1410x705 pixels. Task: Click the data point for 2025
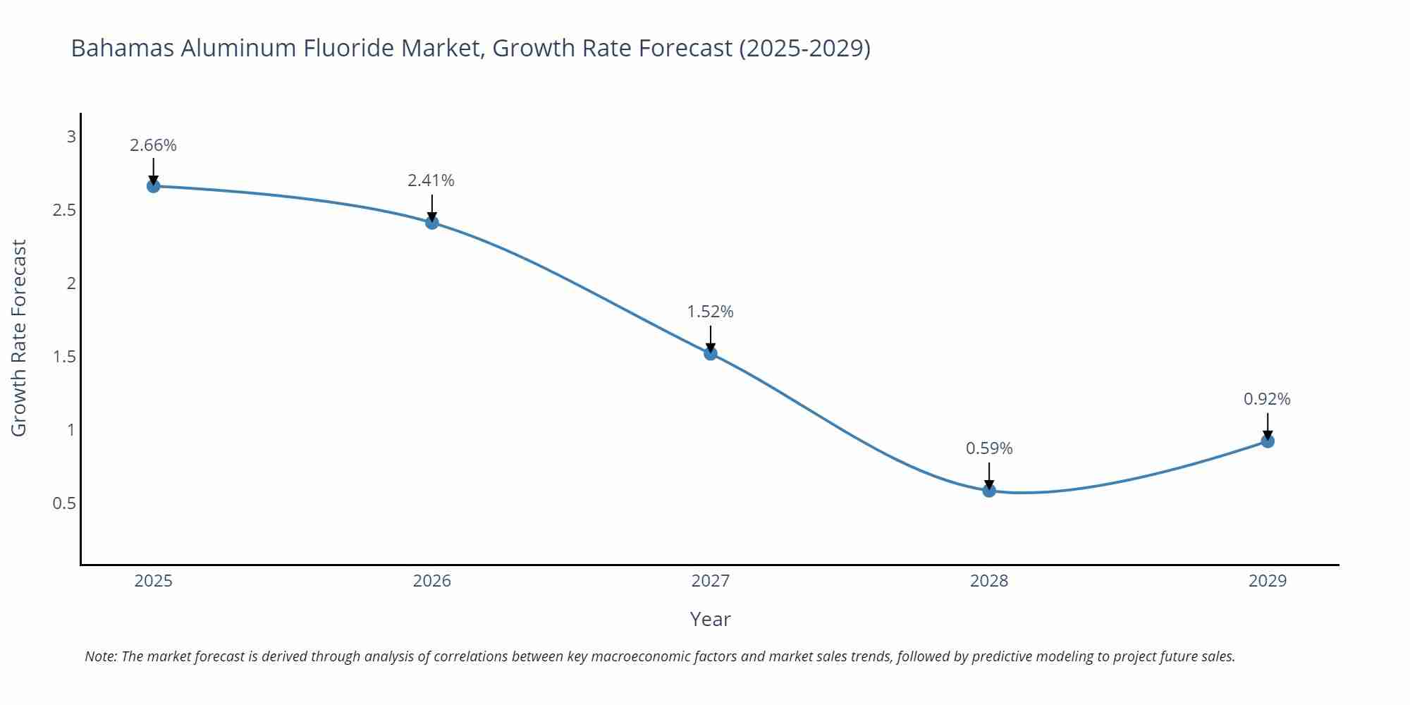point(153,186)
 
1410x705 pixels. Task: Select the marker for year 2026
point(432,223)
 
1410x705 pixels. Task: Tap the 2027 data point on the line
point(711,353)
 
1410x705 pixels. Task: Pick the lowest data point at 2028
point(989,490)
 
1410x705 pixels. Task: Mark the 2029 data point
point(1268,441)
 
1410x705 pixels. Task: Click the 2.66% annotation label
point(153,145)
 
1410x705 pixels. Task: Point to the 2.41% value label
point(431,180)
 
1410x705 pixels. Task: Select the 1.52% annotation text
point(710,312)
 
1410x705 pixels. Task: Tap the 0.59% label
point(988,448)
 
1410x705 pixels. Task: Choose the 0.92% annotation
point(1267,399)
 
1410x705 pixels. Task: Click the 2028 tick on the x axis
point(989,581)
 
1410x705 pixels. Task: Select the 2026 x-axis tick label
point(431,581)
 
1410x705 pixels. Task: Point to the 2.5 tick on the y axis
point(64,210)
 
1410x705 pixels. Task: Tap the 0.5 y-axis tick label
point(64,503)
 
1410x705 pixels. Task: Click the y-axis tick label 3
point(71,137)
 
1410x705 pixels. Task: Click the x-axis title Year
point(710,619)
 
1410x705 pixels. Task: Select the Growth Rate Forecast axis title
point(19,338)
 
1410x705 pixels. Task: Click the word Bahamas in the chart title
point(121,48)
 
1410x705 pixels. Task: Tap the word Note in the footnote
point(100,656)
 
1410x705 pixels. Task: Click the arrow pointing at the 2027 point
point(711,338)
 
